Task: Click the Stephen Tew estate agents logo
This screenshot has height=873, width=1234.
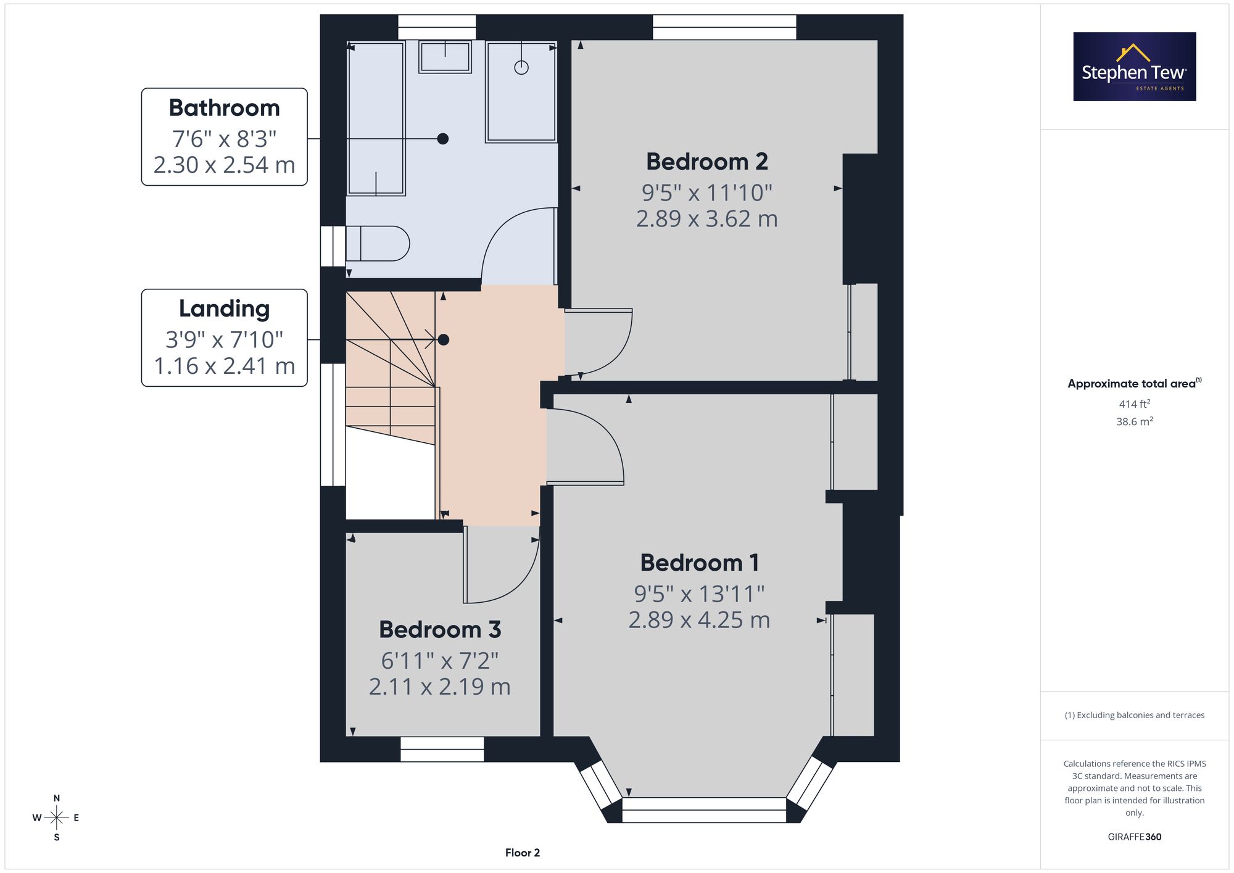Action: coord(1135,67)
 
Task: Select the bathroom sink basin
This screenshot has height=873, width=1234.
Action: coord(445,57)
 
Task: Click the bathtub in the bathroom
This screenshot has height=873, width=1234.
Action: coord(376,118)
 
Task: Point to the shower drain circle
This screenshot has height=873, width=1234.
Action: coord(521,68)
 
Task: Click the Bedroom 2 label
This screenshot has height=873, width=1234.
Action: coord(707,162)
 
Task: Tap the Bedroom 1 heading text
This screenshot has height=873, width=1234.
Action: coord(700,563)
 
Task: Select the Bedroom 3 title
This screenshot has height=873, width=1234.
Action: coord(440,629)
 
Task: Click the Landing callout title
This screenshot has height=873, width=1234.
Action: coord(225,309)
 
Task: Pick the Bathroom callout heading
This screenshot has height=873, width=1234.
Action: coord(225,108)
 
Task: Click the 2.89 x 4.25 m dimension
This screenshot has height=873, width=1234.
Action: coord(700,620)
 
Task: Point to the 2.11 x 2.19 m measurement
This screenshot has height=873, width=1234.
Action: coord(440,687)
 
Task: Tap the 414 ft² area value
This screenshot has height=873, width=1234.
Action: coord(1135,404)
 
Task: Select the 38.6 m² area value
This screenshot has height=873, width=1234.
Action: coord(1135,422)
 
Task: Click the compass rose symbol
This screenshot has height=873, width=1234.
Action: coord(56,818)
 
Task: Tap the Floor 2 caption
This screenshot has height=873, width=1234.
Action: coord(523,853)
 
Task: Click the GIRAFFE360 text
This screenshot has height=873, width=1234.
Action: coord(1135,837)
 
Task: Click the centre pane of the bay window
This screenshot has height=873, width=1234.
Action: coord(704,810)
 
